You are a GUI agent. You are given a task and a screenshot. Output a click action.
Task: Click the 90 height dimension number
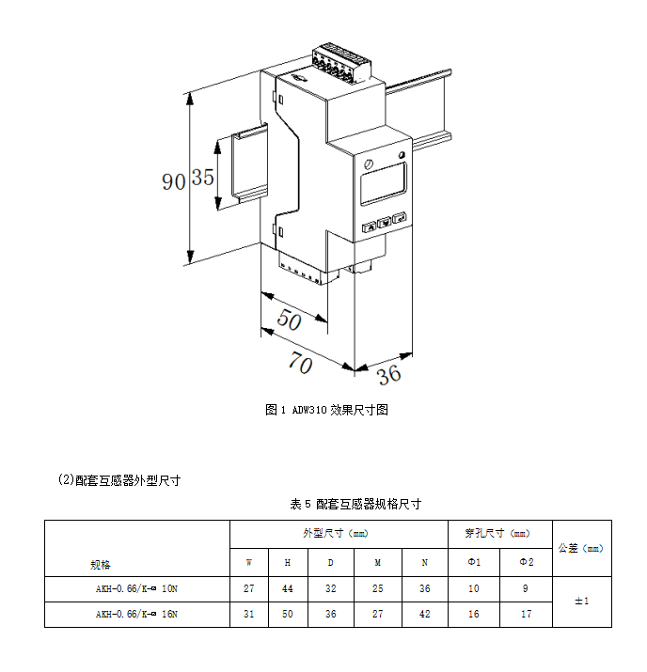173,180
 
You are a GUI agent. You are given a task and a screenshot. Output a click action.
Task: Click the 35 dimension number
203,178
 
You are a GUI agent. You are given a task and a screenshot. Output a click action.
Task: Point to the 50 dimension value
290,321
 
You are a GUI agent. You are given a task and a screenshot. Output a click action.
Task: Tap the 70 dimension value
300,364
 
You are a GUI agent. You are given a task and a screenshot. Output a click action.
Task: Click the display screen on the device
382,182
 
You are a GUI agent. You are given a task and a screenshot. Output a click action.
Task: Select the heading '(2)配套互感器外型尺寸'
119,480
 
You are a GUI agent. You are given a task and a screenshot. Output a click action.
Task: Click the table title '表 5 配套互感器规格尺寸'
355,504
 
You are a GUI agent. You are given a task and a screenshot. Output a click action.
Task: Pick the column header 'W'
249,563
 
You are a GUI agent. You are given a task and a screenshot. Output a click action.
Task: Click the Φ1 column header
475,563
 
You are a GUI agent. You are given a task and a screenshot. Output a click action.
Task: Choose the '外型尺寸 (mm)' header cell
339,533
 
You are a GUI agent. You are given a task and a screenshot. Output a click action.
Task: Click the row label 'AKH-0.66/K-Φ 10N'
137,589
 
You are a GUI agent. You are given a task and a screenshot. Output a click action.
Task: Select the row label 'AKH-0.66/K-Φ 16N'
137,615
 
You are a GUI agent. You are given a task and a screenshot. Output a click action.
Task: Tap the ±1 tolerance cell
581,602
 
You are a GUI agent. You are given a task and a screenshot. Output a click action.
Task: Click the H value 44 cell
287,589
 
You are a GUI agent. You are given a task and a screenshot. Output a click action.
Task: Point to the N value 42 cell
425,615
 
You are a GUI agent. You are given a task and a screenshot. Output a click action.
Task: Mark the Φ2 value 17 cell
527,615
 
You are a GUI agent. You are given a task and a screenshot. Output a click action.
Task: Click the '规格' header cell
101,565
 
